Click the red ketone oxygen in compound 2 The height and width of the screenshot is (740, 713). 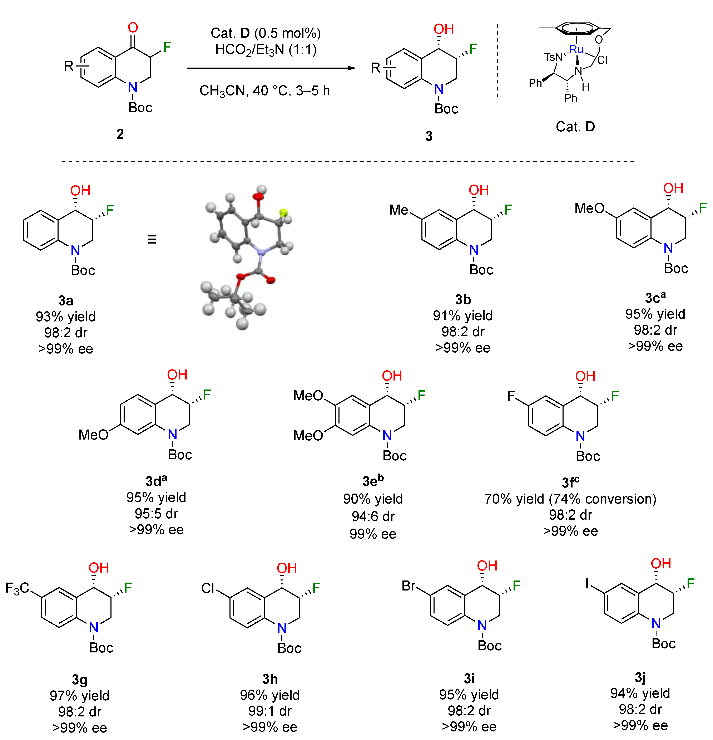(133, 28)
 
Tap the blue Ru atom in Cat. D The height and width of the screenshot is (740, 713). (576, 49)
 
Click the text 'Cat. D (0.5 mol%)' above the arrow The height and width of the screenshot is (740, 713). (265, 33)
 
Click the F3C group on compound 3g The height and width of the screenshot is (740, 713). (17, 588)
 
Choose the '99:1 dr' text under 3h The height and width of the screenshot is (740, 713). (270, 711)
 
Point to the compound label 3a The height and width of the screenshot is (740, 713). (66, 300)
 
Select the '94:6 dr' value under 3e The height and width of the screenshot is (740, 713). (373, 516)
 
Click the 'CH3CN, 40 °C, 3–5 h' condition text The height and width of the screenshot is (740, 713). (265, 91)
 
